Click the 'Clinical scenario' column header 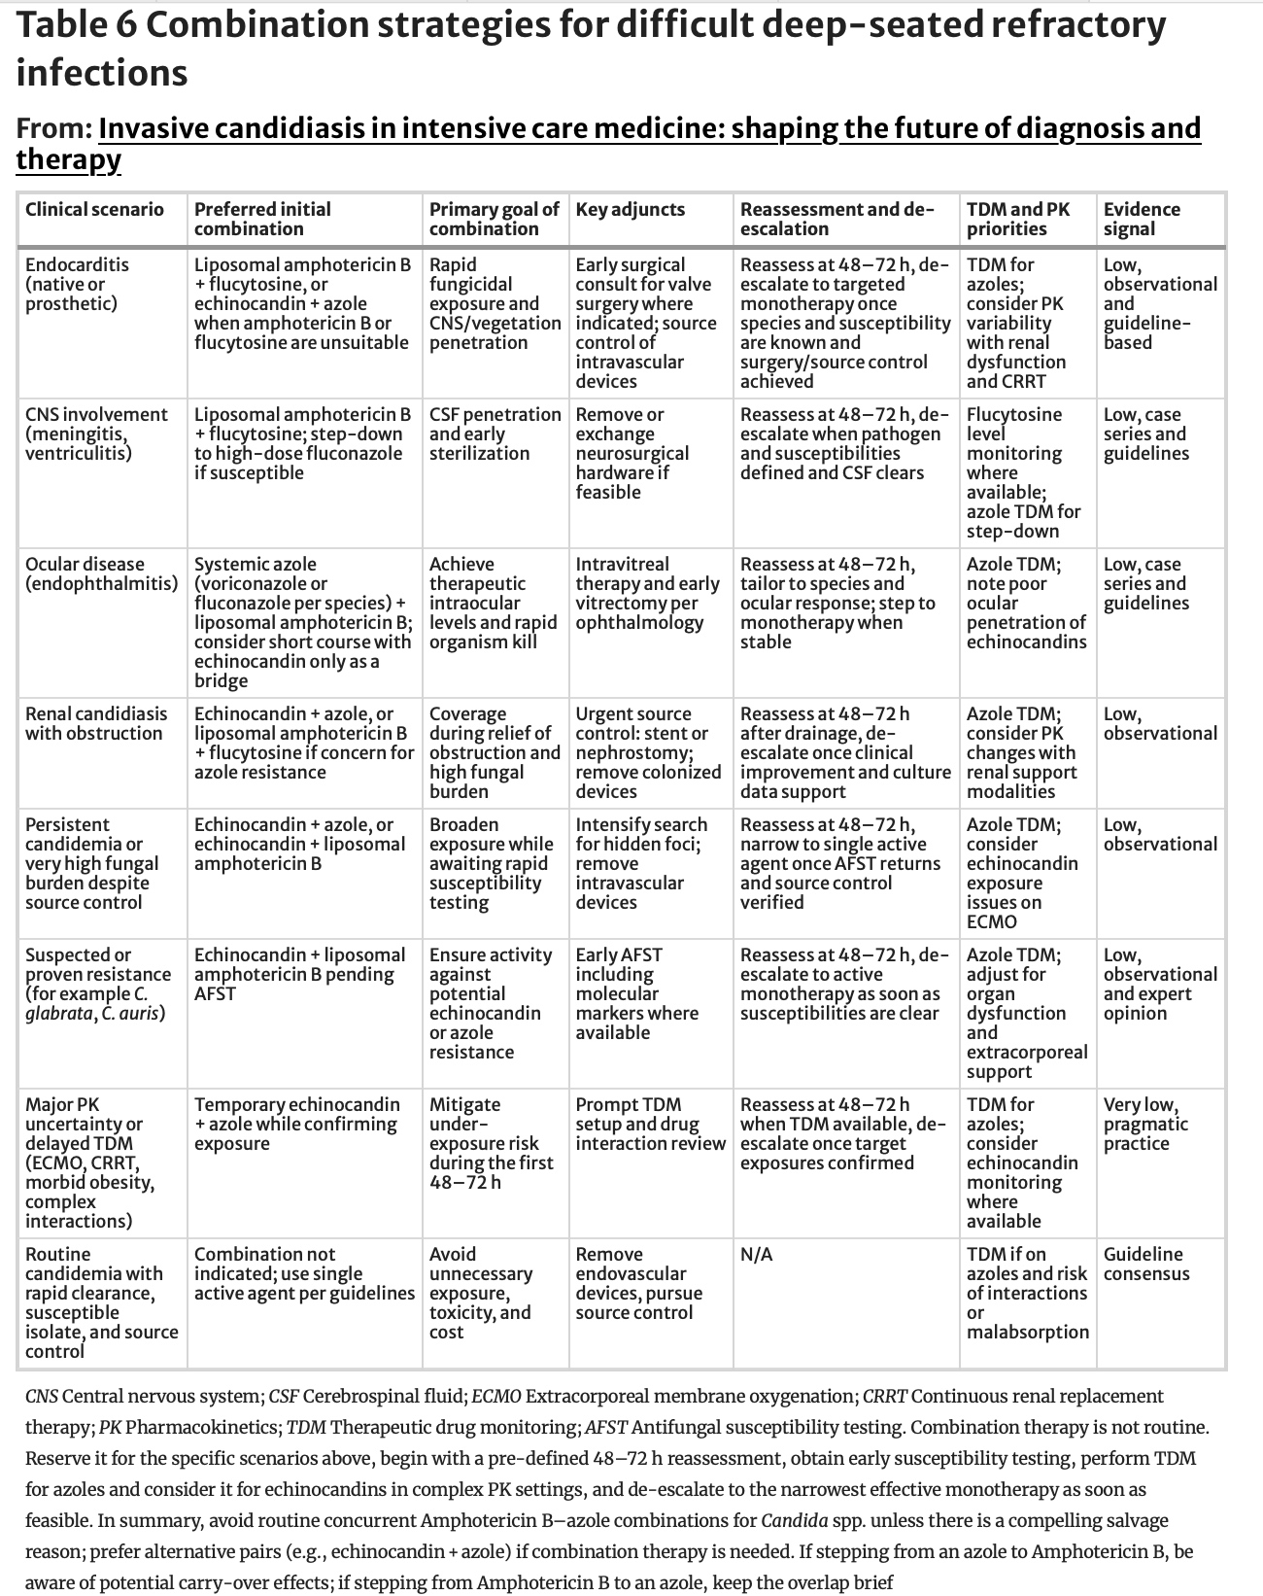click(x=94, y=209)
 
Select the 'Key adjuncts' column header click(x=630, y=209)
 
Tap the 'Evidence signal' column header click(x=1142, y=219)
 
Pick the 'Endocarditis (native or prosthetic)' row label click(x=77, y=284)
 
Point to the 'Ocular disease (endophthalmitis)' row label click(x=101, y=573)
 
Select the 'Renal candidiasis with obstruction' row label click(x=95, y=723)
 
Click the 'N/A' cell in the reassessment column click(x=756, y=1254)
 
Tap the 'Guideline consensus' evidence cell click(x=1145, y=1264)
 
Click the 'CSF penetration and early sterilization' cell click(x=495, y=434)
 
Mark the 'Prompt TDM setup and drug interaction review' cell click(x=650, y=1124)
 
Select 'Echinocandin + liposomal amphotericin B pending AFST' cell click(x=299, y=974)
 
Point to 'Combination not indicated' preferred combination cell click(x=303, y=1273)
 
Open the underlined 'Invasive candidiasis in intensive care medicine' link click(x=649, y=128)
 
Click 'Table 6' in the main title click(x=75, y=25)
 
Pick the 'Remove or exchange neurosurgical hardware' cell click(x=631, y=453)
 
